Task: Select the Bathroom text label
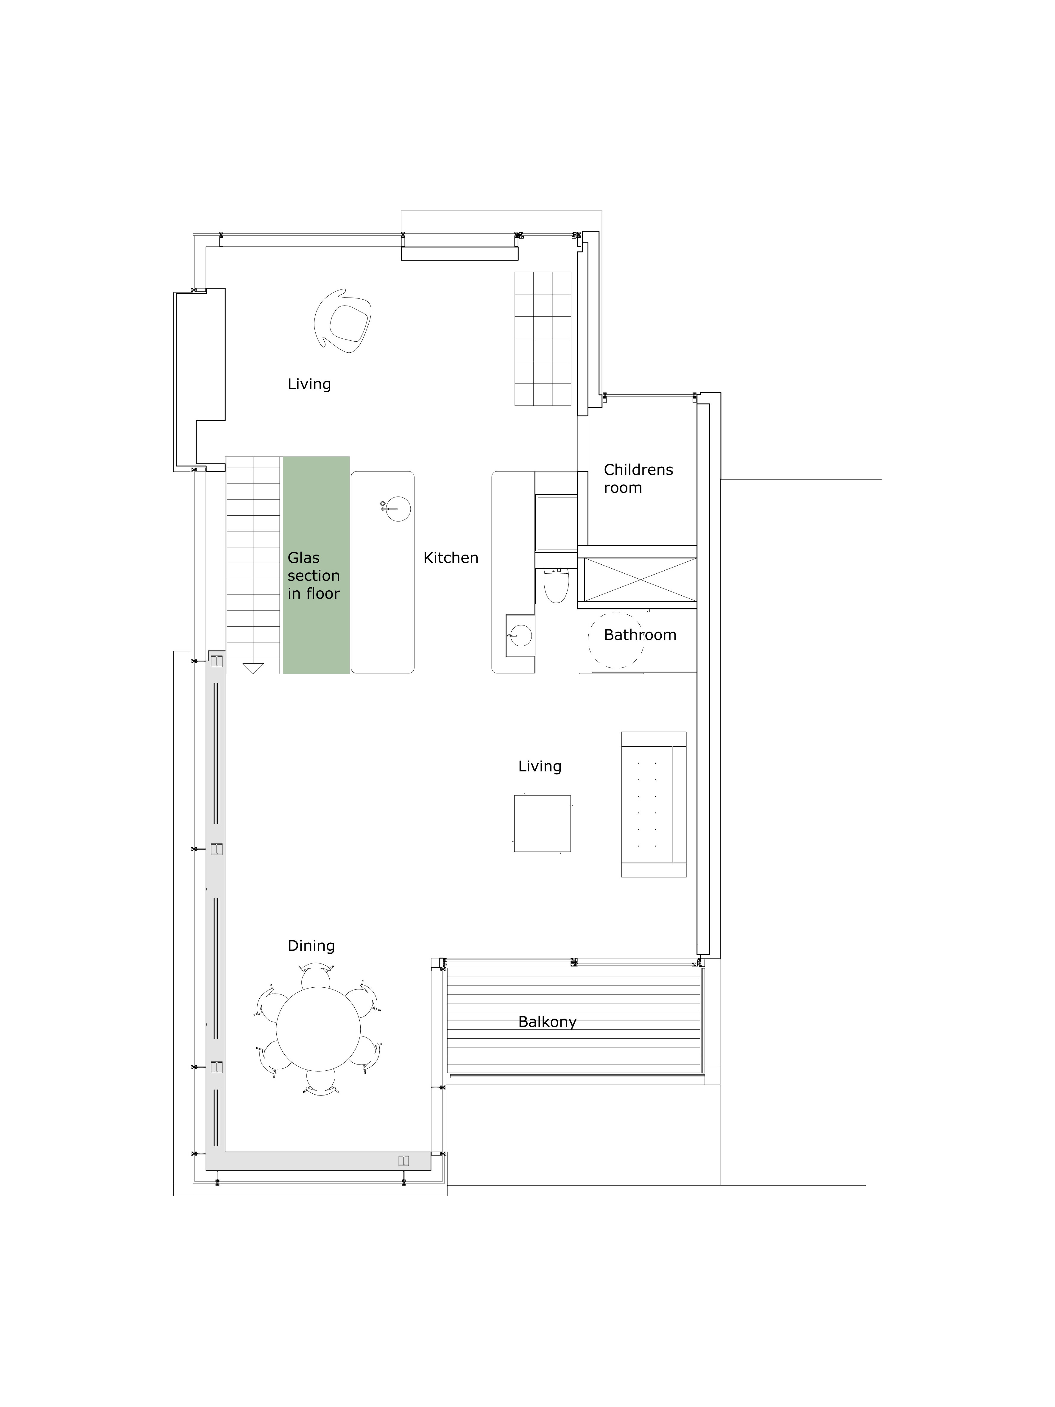click(640, 635)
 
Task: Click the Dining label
click(311, 946)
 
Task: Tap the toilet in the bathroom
click(556, 585)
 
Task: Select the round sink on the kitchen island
click(398, 508)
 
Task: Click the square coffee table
click(542, 823)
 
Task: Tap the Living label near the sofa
click(539, 766)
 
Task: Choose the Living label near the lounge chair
click(309, 384)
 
